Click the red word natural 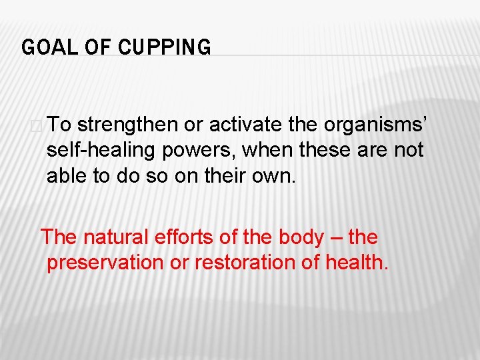pyautogui.click(x=119, y=237)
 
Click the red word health pyautogui.click(x=356, y=263)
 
